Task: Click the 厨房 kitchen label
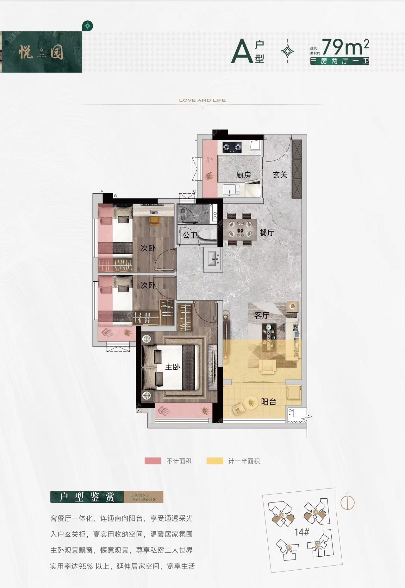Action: [243, 175]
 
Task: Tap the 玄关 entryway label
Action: [280, 175]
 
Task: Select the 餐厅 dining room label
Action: [267, 233]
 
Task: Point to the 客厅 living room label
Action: [262, 316]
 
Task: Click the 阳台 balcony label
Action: [269, 402]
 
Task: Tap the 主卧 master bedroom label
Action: [172, 367]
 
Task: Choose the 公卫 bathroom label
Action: [190, 235]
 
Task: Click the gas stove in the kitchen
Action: [232, 147]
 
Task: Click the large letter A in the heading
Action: [242, 52]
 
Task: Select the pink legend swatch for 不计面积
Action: [153, 461]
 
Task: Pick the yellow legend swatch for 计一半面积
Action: [215, 461]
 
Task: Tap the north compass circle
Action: [347, 503]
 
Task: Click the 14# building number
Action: [302, 532]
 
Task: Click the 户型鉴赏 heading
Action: [87, 497]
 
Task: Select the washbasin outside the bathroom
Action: [213, 259]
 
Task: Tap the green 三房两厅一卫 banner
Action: [340, 61]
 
